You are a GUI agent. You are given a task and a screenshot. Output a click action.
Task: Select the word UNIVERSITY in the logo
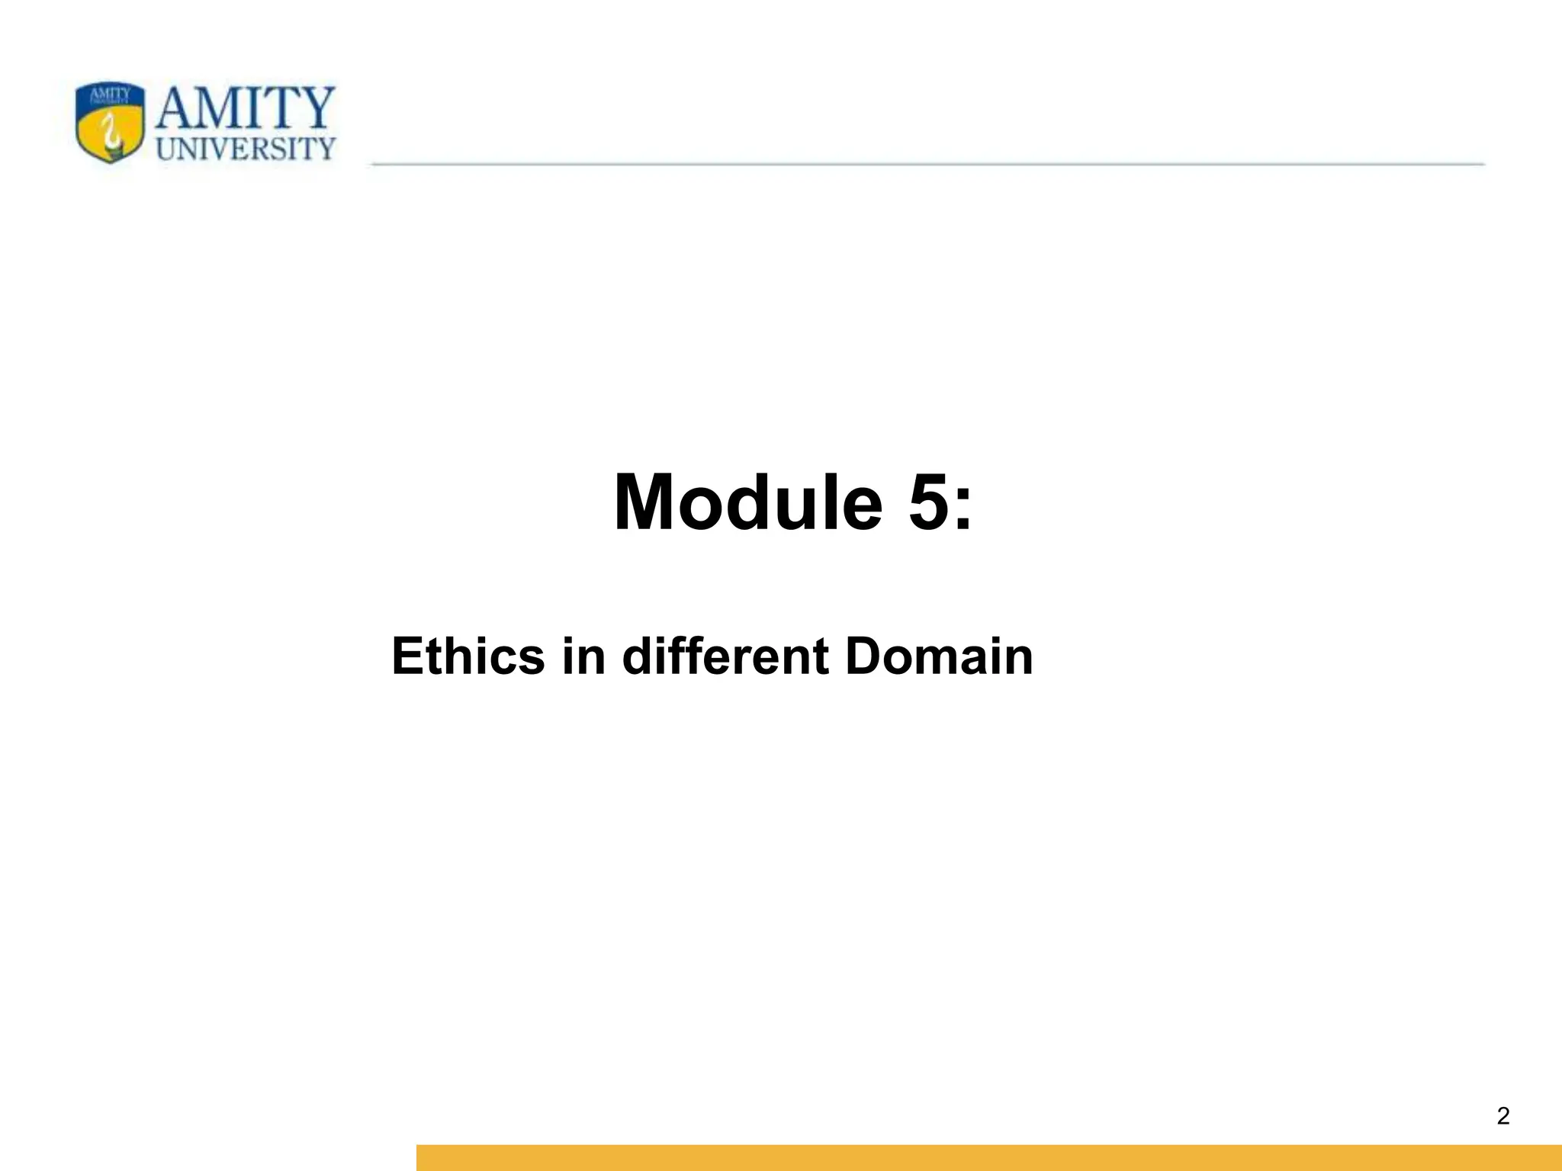[246, 149]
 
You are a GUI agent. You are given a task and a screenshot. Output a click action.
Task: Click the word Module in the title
[747, 503]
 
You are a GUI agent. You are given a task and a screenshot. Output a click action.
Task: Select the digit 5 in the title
[927, 503]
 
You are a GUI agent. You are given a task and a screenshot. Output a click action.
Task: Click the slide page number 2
[1503, 1116]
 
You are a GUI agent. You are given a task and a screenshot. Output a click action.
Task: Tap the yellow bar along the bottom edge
[988, 1157]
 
